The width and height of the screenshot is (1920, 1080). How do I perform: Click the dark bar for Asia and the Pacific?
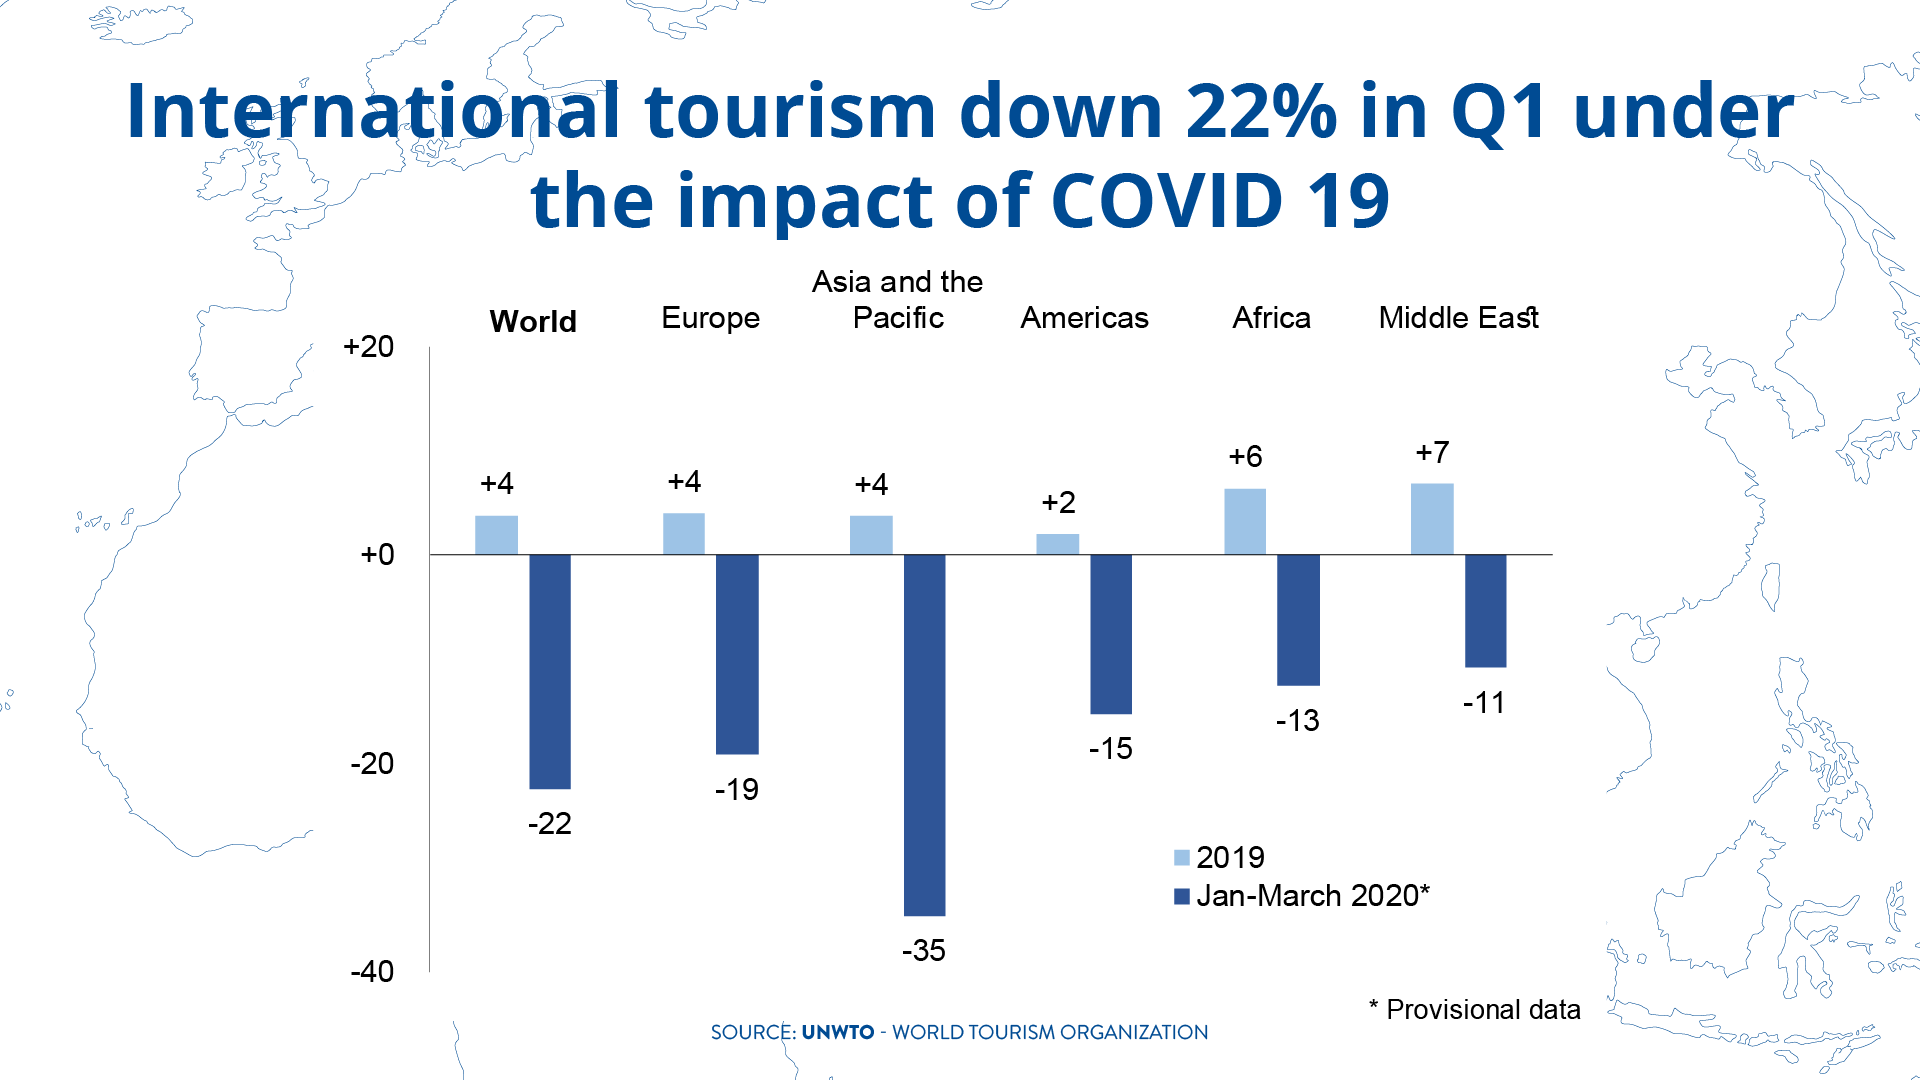point(924,735)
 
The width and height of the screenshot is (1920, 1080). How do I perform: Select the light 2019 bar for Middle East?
point(1432,519)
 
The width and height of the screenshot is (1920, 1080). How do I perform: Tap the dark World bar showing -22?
point(550,671)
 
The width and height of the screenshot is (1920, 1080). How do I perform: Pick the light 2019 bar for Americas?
point(1057,544)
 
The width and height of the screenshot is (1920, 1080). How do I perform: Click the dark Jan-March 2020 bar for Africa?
point(1298,620)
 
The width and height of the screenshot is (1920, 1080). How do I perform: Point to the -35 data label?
point(924,950)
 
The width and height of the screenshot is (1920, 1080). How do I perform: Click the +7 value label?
point(1432,453)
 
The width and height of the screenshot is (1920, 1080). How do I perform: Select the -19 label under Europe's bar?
point(737,790)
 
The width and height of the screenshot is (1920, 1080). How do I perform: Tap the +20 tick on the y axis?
point(368,347)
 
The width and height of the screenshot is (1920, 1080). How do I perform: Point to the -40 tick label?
point(372,971)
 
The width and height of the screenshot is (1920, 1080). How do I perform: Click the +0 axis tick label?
point(377,555)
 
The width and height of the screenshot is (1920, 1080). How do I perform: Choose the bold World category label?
point(533,322)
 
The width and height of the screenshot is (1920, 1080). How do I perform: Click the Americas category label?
point(1084,318)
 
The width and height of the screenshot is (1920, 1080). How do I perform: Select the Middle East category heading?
point(1458,318)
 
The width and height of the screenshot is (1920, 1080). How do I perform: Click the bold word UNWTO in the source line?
point(838,1033)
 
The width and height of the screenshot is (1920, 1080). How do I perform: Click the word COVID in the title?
point(1167,201)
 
